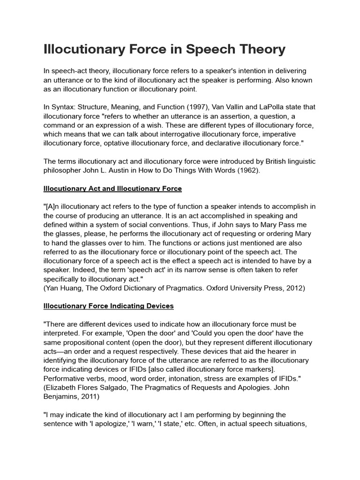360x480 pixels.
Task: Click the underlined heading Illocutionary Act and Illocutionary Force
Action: (112, 188)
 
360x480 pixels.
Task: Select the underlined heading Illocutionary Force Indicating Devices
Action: (108, 306)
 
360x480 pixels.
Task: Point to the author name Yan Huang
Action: (64, 288)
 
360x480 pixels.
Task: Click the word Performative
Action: (66, 378)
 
